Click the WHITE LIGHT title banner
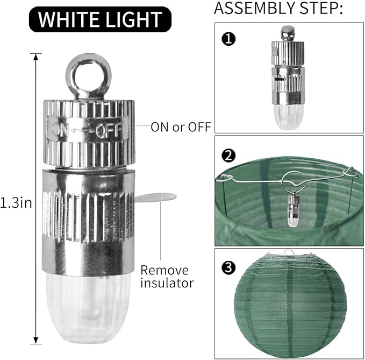[100, 19]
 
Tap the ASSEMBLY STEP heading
[278, 8]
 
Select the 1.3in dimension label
[16, 203]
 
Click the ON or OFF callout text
[181, 127]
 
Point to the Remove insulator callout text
[167, 277]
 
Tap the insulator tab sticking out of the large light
[155, 197]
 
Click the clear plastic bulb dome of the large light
[88, 308]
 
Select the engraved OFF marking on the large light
[109, 130]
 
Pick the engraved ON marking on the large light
[60, 130]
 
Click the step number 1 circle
[228, 39]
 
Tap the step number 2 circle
[228, 156]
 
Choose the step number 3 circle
[228, 267]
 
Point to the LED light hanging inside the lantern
[294, 210]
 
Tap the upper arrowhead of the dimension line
[35, 57]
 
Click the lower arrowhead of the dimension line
[35, 340]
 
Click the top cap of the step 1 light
[288, 33]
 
